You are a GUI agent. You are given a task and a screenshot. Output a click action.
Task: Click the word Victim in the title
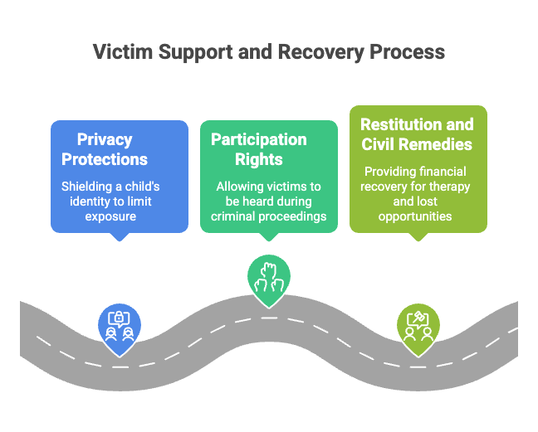(123, 51)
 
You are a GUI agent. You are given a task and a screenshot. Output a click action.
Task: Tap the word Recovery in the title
(320, 52)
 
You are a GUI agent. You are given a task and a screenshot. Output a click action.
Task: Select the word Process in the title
(407, 51)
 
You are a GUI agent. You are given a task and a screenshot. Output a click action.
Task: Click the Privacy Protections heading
(105, 149)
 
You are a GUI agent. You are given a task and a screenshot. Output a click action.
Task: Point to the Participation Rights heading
(259, 149)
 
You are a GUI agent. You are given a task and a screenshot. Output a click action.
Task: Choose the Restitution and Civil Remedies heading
(417, 134)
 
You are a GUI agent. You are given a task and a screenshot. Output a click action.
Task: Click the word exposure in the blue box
(110, 216)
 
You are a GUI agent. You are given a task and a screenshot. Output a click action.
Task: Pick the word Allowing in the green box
(240, 187)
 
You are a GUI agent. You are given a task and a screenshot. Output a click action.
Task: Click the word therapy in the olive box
(449, 187)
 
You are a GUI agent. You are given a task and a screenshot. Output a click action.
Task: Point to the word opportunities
(415, 216)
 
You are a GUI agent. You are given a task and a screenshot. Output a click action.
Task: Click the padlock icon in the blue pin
(119, 318)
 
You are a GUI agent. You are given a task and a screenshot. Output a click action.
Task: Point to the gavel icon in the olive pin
(418, 317)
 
